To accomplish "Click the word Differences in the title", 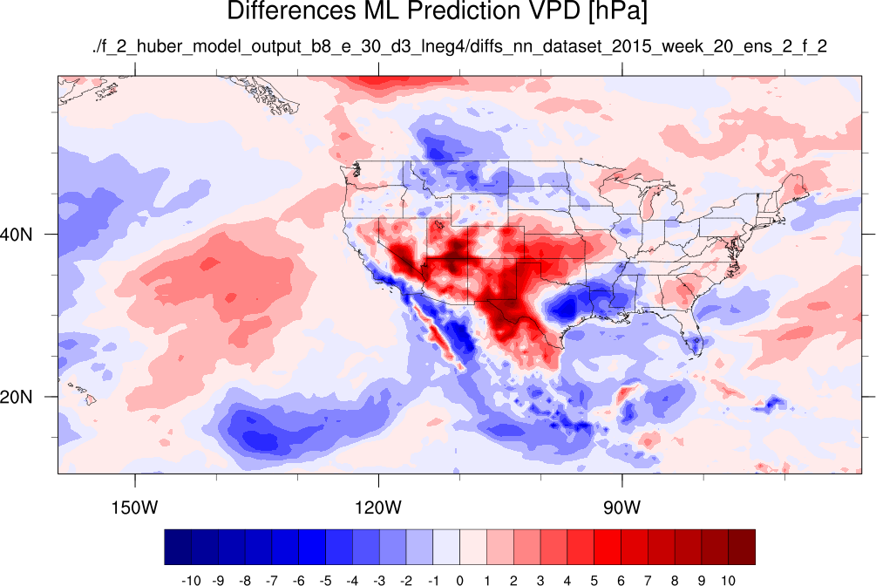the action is [x=291, y=10].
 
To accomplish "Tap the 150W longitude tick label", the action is [x=134, y=508].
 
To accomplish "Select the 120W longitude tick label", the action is [x=378, y=508].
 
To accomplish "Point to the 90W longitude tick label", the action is [x=621, y=508].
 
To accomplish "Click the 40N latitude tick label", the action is [x=17, y=235].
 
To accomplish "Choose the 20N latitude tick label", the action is [x=17, y=397].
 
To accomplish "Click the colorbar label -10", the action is [x=191, y=581].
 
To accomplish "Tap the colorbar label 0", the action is [x=459, y=581].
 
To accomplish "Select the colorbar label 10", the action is [x=728, y=581].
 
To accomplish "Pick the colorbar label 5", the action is [x=594, y=581].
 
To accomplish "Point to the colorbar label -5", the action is [x=325, y=581].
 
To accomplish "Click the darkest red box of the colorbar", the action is [x=742, y=547].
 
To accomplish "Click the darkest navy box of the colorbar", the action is [x=178, y=547].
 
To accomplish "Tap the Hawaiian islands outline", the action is [x=85, y=393].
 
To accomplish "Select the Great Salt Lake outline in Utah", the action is [x=438, y=225].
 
